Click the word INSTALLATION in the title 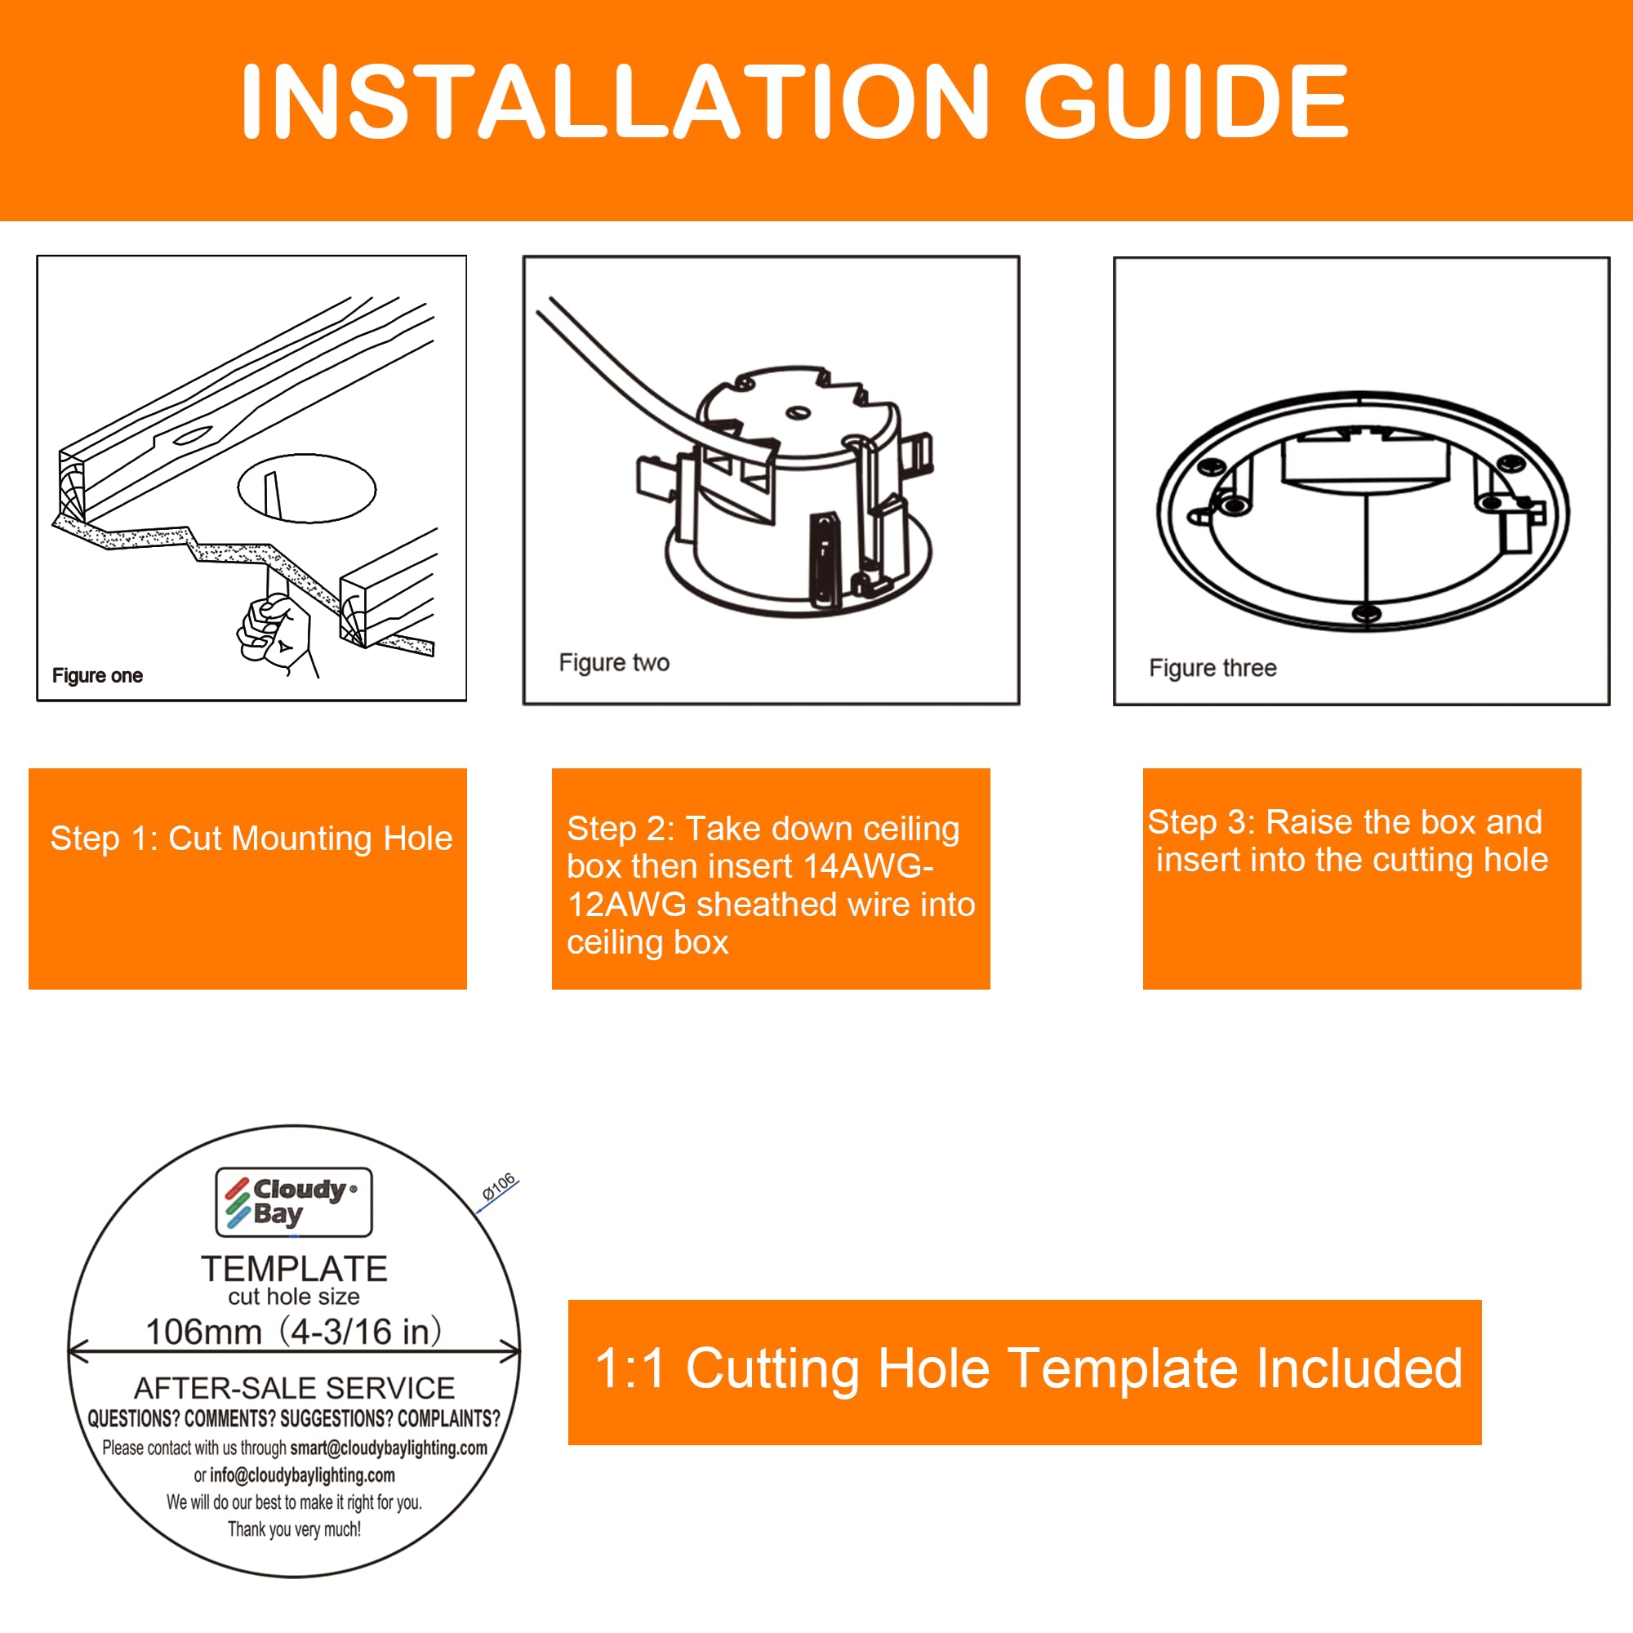click(615, 102)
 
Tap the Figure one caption click(97, 675)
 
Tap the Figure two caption click(614, 663)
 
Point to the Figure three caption click(1212, 669)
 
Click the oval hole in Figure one click(307, 488)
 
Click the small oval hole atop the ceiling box click(798, 413)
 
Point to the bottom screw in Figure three click(1366, 613)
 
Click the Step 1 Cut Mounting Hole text click(251, 839)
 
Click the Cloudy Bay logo click(293, 1202)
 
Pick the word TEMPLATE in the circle click(294, 1270)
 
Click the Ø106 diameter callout click(499, 1186)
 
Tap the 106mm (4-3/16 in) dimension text click(294, 1332)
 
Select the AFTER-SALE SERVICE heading click(294, 1388)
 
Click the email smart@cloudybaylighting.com click(388, 1448)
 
